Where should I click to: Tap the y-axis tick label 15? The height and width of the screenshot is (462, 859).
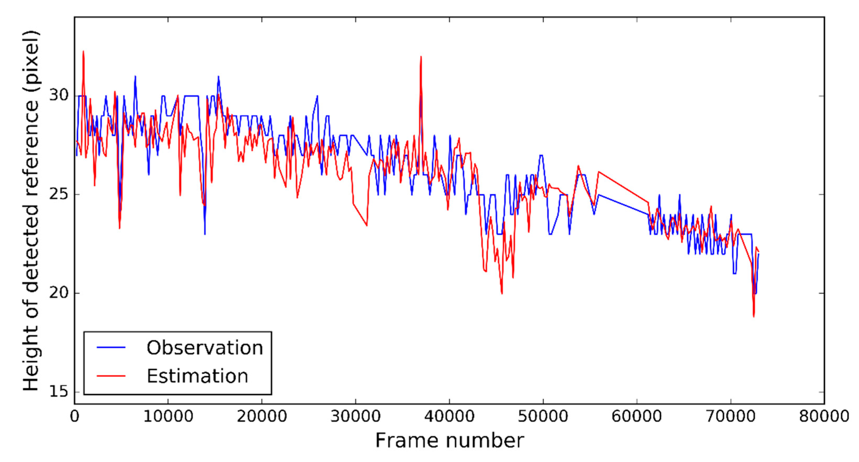(59, 391)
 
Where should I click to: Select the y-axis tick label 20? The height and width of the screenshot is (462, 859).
(59, 293)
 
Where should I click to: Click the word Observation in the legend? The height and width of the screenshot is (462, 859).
(205, 348)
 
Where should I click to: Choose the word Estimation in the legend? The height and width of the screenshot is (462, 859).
(197, 376)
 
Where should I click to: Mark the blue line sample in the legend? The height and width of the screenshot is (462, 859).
(111, 348)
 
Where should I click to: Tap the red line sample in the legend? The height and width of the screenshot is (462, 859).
(111, 376)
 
